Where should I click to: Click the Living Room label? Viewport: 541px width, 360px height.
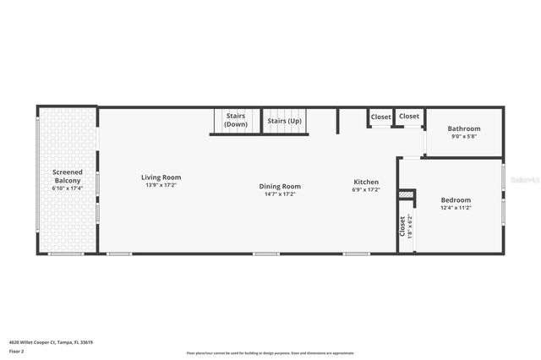[x=161, y=177]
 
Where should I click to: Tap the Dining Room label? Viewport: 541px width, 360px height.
[x=280, y=187]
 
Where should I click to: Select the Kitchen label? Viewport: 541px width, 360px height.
[x=366, y=182]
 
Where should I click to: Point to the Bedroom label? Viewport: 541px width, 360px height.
[x=456, y=200]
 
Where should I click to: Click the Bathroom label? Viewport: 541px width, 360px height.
[x=464, y=128]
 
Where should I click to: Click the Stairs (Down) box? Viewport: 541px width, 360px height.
[x=236, y=121]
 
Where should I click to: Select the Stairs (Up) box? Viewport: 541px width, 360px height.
[x=284, y=121]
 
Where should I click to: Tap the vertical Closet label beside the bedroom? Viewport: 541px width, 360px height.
[x=402, y=226]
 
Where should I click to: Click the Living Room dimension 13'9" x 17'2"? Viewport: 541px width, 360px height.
[x=161, y=185]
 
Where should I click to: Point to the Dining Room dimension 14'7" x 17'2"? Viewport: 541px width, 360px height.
[x=280, y=194]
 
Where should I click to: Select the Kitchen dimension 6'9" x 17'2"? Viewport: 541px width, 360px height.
[x=366, y=189]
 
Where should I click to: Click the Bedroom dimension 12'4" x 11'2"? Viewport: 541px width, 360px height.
[x=456, y=208]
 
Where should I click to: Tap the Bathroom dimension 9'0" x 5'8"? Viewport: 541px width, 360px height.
[x=464, y=136]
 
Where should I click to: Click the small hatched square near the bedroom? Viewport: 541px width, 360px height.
[x=407, y=194]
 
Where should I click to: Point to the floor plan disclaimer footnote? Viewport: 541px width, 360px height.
[x=270, y=353]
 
